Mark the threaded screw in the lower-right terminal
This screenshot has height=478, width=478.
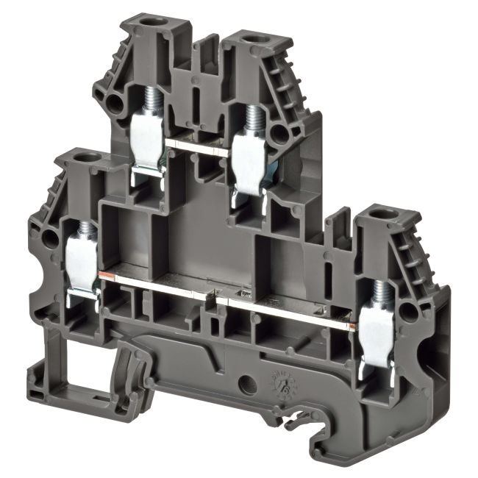tap(379, 294)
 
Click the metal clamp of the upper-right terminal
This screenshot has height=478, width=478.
tap(250, 158)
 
